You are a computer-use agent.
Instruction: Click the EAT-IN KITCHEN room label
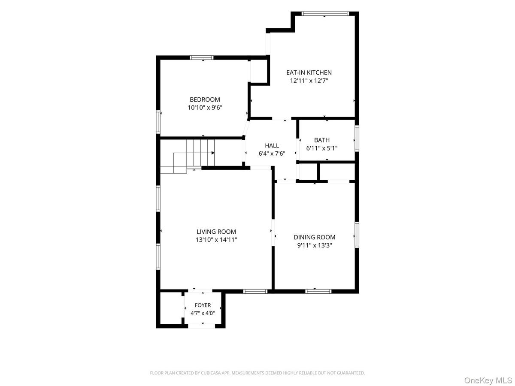pos(309,72)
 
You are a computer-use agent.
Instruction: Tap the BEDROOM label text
pos(205,100)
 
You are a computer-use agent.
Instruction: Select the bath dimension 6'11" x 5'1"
pos(322,148)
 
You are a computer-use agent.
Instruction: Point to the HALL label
pos(272,145)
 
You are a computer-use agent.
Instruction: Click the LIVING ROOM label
pos(216,232)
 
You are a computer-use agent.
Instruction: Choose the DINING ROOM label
pos(315,237)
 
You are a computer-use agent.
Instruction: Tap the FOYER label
pos(203,305)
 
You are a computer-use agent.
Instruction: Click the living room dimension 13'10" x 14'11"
pos(216,240)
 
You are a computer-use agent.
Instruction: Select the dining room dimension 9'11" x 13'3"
pos(315,245)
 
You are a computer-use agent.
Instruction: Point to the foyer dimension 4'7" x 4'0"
pos(203,313)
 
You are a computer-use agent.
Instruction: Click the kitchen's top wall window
pos(325,13)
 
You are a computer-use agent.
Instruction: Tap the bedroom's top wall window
pos(202,57)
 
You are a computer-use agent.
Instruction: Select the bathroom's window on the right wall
pos(357,138)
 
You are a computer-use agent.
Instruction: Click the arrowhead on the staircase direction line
pos(213,153)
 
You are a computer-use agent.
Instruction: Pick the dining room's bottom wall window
pos(318,291)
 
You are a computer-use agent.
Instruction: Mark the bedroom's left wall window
pos(158,122)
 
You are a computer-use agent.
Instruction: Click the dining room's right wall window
pos(357,235)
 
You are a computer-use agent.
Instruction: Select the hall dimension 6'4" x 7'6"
pos(272,154)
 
